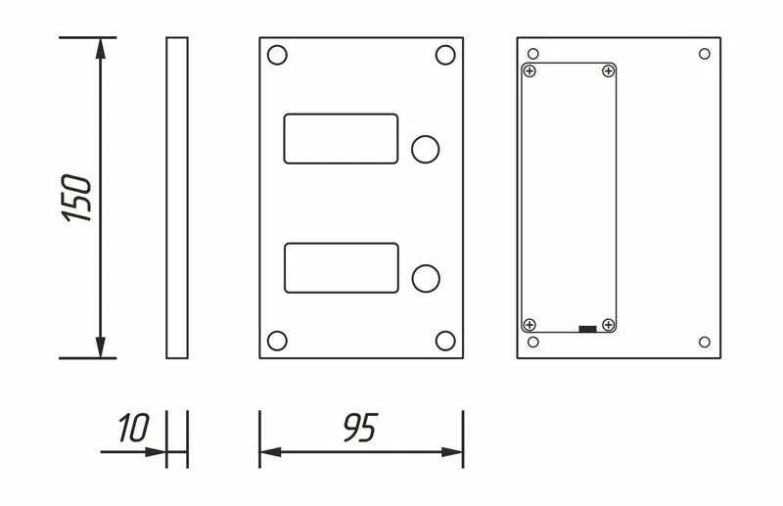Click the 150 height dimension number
[76, 198]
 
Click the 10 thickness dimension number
[133, 428]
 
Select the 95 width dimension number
[360, 428]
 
